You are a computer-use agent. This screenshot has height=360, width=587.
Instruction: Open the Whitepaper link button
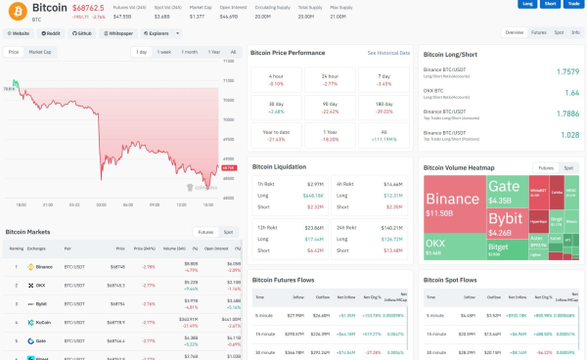click(x=117, y=32)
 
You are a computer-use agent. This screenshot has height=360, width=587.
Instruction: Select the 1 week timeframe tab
click(x=164, y=51)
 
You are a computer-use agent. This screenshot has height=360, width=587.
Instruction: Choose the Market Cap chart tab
click(x=41, y=51)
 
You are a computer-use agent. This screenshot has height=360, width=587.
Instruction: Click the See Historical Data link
click(x=388, y=52)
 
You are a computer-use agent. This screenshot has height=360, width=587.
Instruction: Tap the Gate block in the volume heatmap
click(x=505, y=187)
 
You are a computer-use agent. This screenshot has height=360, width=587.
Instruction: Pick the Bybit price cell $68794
click(x=116, y=303)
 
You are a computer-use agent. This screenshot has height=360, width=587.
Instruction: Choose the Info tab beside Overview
click(x=575, y=32)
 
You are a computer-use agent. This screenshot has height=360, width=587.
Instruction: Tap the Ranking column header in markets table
click(x=17, y=248)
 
